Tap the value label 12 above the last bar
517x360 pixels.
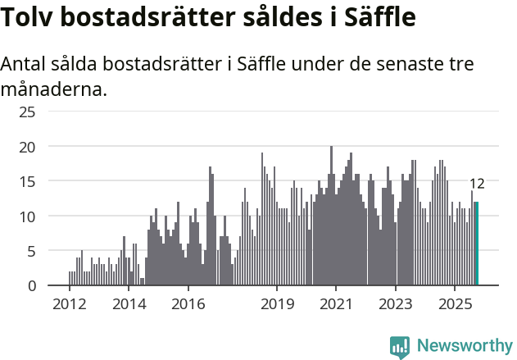click(477, 184)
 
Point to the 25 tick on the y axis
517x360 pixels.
click(27, 112)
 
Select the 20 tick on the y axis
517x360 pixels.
click(27, 147)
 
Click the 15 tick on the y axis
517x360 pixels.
click(27, 181)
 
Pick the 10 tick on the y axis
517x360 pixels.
click(27, 216)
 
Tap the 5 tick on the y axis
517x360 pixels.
click(31, 251)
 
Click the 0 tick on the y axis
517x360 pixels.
click(31, 285)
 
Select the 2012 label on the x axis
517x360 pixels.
click(69, 305)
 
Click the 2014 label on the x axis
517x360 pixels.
click(129, 305)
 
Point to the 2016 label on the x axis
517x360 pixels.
click(188, 305)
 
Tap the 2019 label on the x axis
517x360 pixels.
click(277, 305)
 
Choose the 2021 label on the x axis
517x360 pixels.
click(336, 305)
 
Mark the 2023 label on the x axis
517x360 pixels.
click(396, 305)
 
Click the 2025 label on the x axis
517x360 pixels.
click(455, 305)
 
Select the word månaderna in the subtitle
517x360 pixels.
click(54, 89)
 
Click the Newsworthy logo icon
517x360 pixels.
click(400, 347)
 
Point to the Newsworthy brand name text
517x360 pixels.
click(465, 347)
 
